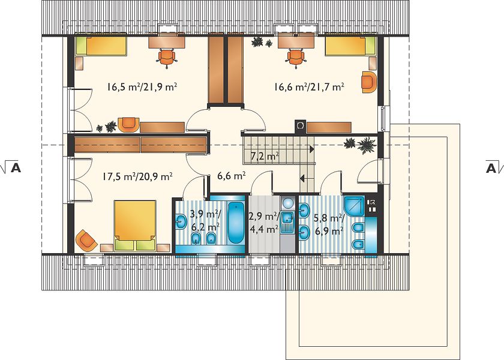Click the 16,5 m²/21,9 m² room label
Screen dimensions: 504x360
(142, 87)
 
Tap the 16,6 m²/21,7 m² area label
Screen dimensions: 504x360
(309, 87)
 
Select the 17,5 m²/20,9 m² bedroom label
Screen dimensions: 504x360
(137, 176)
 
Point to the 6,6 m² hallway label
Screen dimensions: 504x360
(232, 176)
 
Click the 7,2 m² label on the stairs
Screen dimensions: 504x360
(265, 157)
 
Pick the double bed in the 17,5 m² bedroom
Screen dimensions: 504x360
(135, 226)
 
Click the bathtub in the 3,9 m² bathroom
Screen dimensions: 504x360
(236, 223)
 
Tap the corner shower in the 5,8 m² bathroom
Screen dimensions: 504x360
(354, 206)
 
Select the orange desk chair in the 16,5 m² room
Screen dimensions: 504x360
(167, 57)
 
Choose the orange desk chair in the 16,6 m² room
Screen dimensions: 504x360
(296, 57)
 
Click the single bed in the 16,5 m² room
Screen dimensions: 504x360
(101, 46)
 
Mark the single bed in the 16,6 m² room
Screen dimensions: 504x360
(350, 46)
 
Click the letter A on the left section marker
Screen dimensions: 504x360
(16, 168)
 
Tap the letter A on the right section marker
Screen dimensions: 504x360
(491, 168)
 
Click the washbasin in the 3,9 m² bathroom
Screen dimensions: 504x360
(181, 221)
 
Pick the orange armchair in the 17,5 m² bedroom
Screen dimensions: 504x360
(86, 240)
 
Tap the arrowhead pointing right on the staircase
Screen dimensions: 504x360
(312, 149)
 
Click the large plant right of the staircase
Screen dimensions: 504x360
(367, 146)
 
